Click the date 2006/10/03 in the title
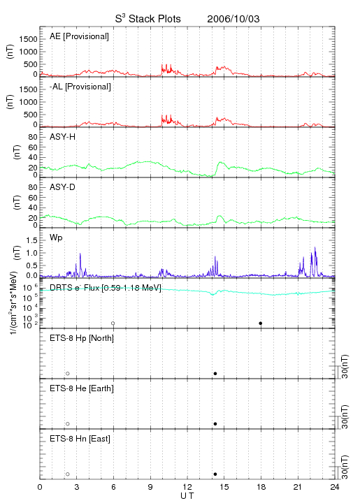coord(233,19)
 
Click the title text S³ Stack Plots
coord(148,18)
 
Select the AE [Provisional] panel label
coord(79,36)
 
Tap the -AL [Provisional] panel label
coord(80,87)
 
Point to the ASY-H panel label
coord(63,137)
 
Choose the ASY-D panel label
coord(63,187)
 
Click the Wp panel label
coord(56,238)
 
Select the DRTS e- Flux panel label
coord(106,288)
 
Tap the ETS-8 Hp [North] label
coord(82,338)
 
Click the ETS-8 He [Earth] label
coord(82,388)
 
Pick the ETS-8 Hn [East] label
coord(80,439)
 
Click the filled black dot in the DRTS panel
coord(261,323)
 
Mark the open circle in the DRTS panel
coord(113,323)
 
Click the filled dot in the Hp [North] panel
coord(215,373)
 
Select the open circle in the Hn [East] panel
coord(68,474)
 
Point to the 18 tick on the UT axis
coord(261,487)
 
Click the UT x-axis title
coord(187,496)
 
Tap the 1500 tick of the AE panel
coord(28,39)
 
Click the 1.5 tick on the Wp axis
coord(31,240)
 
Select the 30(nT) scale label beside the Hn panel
coord(345,467)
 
